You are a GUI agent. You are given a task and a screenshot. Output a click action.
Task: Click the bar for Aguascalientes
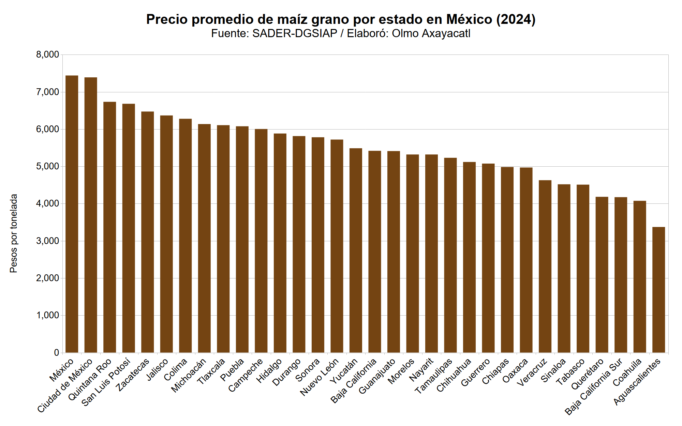(658, 290)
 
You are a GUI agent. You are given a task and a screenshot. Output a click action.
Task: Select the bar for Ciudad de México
(91, 215)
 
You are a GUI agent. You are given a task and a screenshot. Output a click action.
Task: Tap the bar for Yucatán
(356, 250)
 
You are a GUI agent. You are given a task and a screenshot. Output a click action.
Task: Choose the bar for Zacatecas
(148, 232)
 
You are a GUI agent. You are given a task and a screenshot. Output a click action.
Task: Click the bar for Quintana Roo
(110, 227)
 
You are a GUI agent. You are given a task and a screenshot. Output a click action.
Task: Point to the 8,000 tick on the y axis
(47, 55)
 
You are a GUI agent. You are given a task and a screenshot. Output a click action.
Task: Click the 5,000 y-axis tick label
(47, 166)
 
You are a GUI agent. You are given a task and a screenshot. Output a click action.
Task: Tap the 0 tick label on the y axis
(57, 353)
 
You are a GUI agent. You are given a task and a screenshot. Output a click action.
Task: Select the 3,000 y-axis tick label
(47, 241)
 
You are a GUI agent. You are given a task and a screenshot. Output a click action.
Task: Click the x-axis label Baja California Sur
(593, 387)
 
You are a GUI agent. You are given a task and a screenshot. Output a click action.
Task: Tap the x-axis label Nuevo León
(319, 377)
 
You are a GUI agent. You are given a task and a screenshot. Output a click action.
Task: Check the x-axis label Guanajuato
(377, 376)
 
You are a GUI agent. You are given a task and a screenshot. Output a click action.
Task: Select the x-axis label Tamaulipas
(433, 376)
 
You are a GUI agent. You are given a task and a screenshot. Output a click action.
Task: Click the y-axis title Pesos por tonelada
(14, 233)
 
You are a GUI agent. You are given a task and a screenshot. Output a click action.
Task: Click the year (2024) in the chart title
(516, 19)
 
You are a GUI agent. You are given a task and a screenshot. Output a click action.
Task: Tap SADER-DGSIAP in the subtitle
(295, 33)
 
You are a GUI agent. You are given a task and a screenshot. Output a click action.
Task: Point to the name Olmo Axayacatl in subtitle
(431, 33)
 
